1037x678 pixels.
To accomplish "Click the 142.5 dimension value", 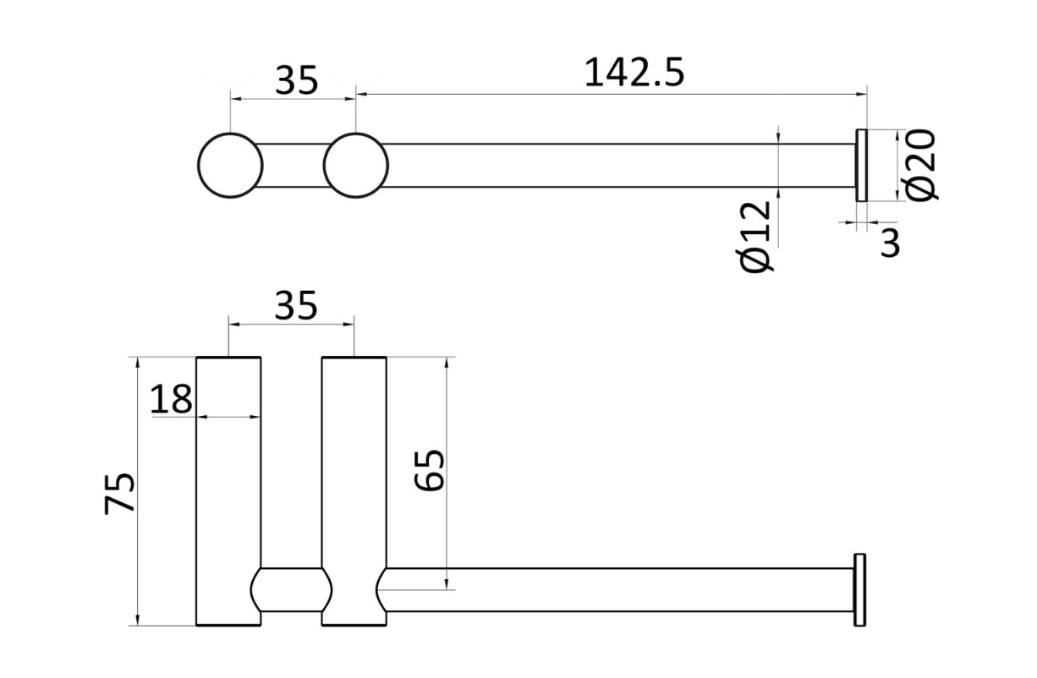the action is [634, 73].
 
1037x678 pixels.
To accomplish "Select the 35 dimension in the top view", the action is [297, 80].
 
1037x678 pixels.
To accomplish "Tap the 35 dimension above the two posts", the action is [296, 305].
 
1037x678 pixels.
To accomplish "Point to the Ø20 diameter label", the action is [920, 165].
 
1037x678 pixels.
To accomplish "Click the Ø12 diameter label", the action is [754, 237].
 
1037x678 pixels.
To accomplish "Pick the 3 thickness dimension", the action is [890, 243].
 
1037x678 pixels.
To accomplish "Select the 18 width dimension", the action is [171, 398].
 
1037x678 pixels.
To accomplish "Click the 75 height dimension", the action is [119, 494].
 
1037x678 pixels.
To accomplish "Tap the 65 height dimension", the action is [429, 470].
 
